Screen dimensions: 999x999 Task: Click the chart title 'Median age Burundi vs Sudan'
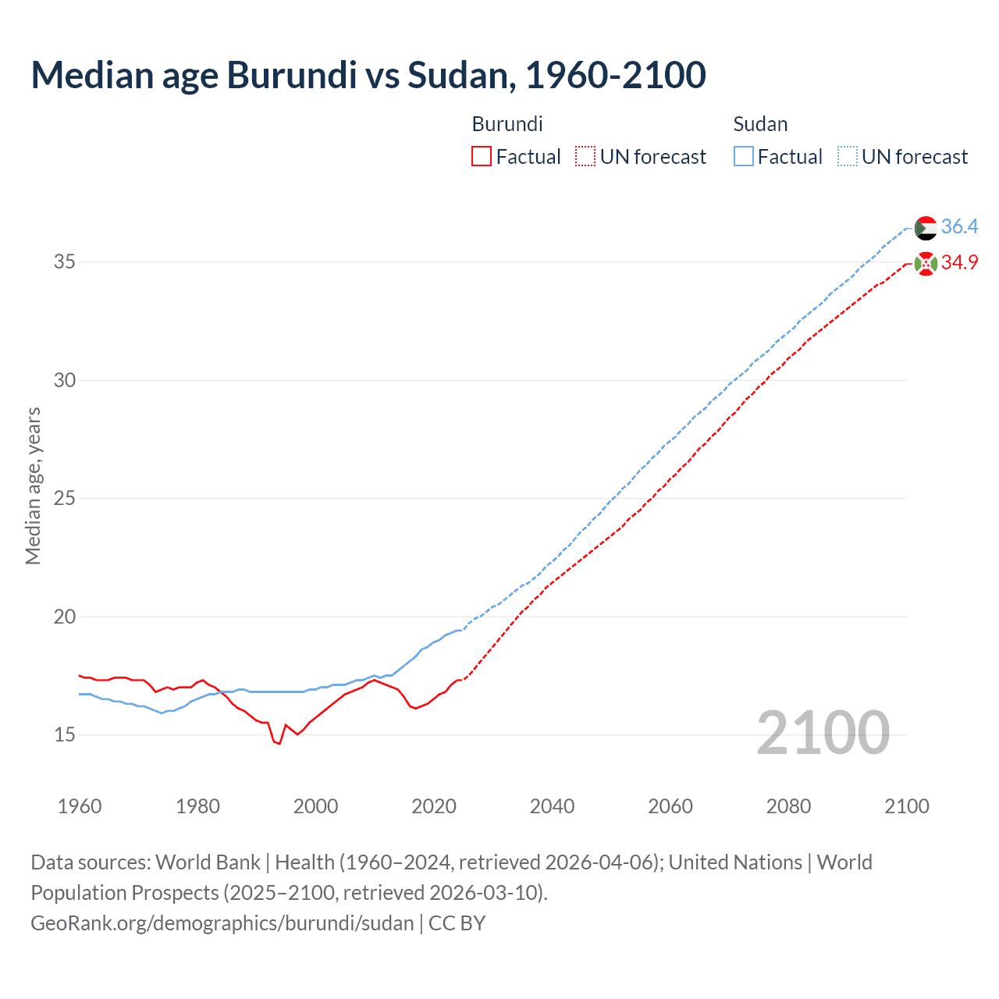pyautogui.click(x=368, y=75)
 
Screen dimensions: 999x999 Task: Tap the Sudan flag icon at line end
pyautogui.click(x=926, y=228)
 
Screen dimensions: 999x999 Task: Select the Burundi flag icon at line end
pyautogui.click(x=926, y=264)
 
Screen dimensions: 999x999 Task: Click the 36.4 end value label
pyautogui.click(x=959, y=227)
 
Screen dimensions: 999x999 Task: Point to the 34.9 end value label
pyautogui.click(x=959, y=263)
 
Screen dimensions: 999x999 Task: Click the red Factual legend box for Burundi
pyautogui.click(x=482, y=157)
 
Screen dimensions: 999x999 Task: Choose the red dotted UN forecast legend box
pyautogui.click(x=585, y=157)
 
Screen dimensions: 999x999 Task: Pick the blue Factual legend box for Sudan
pyautogui.click(x=744, y=157)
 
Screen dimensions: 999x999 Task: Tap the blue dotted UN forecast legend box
pyautogui.click(x=848, y=157)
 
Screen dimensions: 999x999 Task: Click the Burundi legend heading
pyautogui.click(x=507, y=124)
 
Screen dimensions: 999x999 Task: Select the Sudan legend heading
pyautogui.click(x=760, y=124)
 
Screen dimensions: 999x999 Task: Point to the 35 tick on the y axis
pyautogui.click(x=65, y=261)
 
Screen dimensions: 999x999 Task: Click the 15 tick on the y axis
pyautogui.click(x=65, y=734)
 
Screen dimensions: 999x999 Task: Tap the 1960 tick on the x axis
pyautogui.click(x=80, y=806)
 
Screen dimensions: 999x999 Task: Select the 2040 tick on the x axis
pyautogui.click(x=552, y=806)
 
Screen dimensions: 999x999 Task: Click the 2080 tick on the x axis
pyautogui.click(x=788, y=806)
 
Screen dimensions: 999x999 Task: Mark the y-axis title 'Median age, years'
pyautogui.click(x=33, y=485)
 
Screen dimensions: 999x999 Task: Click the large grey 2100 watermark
pyautogui.click(x=823, y=732)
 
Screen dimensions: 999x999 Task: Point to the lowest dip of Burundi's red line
pyautogui.click(x=279, y=744)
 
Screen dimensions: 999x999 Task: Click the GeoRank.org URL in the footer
pyautogui.click(x=222, y=923)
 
